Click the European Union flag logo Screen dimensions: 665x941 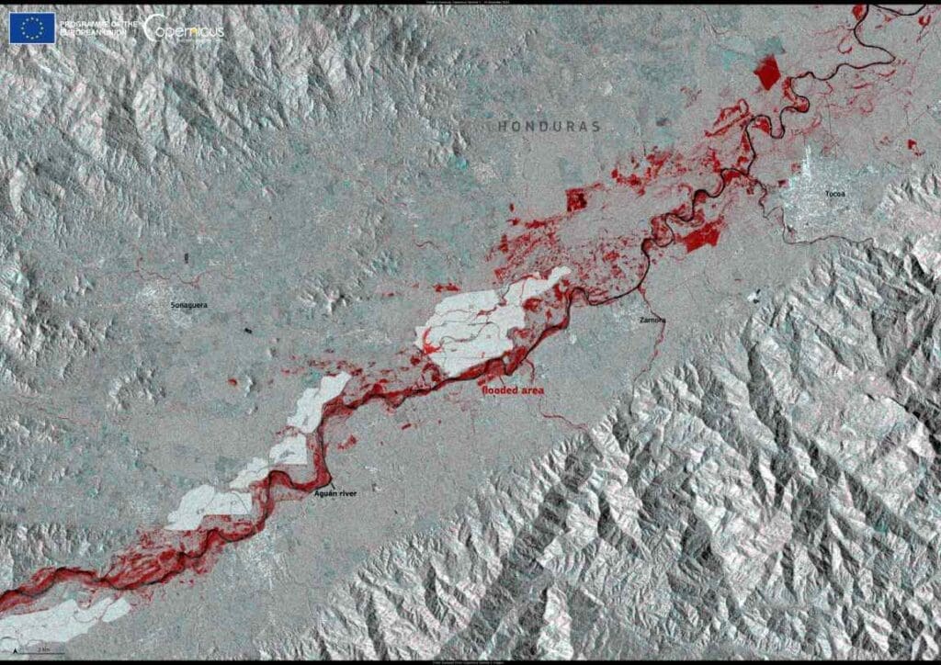pyautogui.click(x=32, y=28)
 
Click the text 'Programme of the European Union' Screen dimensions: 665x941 pyautogui.click(x=96, y=28)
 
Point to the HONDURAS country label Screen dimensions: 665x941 pyautogui.click(x=549, y=126)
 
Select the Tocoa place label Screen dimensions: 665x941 pyautogui.click(x=834, y=194)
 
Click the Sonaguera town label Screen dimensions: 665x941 pyautogui.click(x=190, y=303)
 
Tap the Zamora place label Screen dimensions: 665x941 pyautogui.click(x=652, y=320)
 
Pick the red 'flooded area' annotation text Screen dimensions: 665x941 pyautogui.click(x=513, y=390)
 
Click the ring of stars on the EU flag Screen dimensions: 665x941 pyautogui.click(x=32, y=28)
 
